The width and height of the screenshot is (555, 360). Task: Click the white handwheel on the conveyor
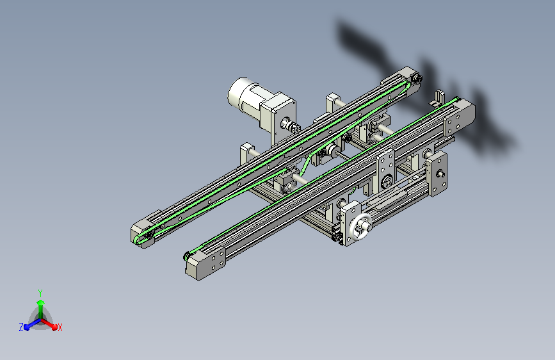click(x=362, y=226)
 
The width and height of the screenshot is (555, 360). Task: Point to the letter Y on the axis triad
click(x=40, y=293)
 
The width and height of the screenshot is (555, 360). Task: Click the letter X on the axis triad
click(x=60, y=327)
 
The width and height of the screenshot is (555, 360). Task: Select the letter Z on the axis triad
click(x=21, y=327)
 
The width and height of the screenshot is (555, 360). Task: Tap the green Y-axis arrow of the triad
click(x=41, y=309)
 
